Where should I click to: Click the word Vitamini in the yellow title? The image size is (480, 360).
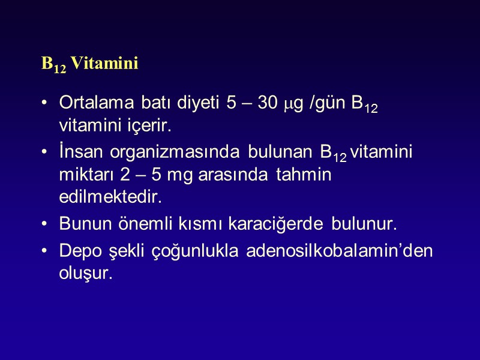pyautogui.click(x=104, y=64)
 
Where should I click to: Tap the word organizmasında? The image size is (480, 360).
pyautogui.click(x=171, y=152)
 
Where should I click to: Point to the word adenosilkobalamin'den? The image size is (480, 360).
pyautogui.click(x=339, y=250)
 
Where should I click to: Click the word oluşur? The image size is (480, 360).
pyautogui.click(x=85, y=274)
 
